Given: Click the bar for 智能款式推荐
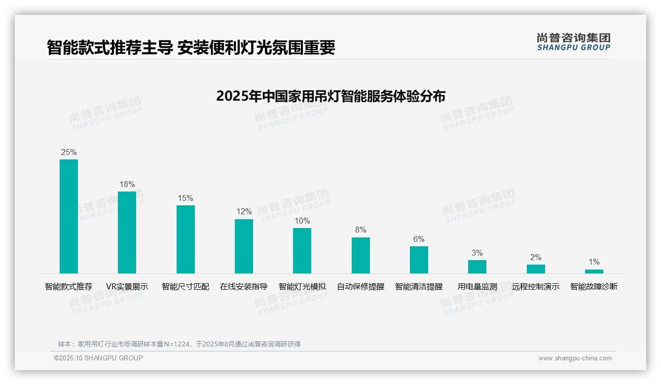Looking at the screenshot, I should [69, 216].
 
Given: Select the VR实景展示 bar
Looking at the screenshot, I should [127, 232].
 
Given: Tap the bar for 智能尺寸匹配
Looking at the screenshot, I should [185, 239].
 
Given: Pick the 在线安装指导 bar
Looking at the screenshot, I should [244, 246].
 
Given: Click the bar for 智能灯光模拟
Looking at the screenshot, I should [302, 250].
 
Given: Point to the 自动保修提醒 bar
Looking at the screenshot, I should [361, 255].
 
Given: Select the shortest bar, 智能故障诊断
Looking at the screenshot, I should [594, 271].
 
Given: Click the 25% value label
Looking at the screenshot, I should [69, 153].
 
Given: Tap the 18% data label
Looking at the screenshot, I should [127, 185].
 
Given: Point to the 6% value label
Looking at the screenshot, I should [419, 239].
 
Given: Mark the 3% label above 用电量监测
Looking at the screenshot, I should [477, 253].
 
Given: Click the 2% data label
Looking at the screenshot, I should [536, 258].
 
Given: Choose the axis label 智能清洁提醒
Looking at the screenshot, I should [419, 287].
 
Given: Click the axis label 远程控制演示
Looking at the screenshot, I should [536, 287].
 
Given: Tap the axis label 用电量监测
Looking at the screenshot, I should [477, 287].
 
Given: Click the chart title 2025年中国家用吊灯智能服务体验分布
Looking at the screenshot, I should [330, 96].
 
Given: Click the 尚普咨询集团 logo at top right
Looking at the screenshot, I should [573, 42].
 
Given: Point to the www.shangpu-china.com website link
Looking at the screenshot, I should [575, 358].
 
